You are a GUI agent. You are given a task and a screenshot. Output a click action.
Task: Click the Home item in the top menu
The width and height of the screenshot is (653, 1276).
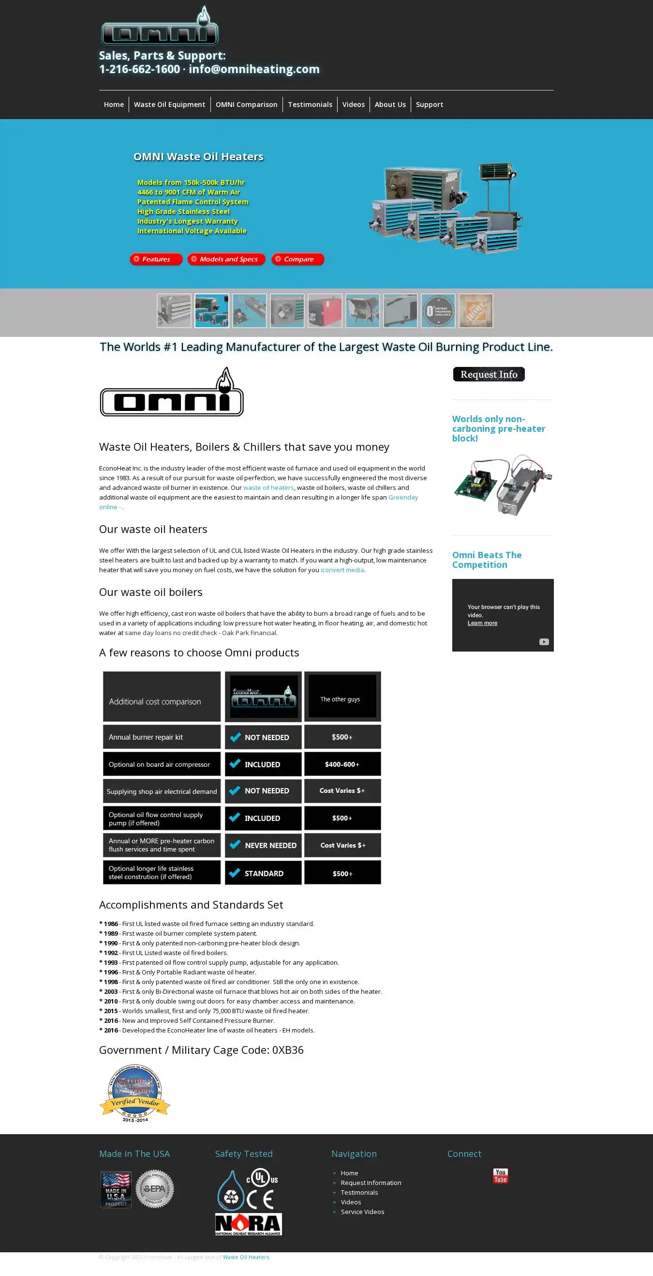click(x=113, y=105)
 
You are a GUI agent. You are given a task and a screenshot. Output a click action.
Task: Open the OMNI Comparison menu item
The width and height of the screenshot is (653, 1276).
click(x=246, y=105)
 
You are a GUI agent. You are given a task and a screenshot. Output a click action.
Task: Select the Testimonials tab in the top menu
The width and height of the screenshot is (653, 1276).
click(x=310, y=105)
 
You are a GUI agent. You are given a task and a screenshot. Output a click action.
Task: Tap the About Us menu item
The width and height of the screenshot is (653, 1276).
click(x=389, y=105)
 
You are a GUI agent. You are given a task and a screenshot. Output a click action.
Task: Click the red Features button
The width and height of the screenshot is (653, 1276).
click(x=156, y=259)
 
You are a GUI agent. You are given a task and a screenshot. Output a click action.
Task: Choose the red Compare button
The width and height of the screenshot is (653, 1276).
click(x=298, y=259)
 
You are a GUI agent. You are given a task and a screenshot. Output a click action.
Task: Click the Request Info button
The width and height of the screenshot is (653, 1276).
click(x=489, y=375)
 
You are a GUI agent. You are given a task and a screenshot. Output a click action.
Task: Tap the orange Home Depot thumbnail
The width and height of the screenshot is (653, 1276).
click(x=475, y=311)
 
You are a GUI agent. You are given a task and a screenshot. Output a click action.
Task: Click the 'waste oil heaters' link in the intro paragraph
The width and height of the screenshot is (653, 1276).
click(x=268, y=487)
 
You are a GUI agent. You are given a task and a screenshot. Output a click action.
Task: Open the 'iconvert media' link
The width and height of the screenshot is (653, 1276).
click(x=342, y=570)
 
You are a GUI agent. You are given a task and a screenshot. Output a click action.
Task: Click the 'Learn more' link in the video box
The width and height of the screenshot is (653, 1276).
click(x=482, y=623)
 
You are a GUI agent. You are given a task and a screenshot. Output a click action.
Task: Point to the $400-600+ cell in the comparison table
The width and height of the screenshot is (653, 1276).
click(x=342, y=764)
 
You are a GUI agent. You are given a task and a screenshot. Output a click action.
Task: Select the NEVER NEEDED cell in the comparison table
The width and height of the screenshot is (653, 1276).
click(x=263, y=845)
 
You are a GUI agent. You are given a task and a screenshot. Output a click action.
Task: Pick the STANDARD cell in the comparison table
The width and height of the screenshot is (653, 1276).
click(x=263, y=873)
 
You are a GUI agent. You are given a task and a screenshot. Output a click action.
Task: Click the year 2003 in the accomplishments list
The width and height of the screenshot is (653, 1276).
click(x=111, y=991)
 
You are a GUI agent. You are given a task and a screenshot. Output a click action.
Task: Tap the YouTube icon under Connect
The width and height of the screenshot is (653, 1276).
click(x=500, y=1175)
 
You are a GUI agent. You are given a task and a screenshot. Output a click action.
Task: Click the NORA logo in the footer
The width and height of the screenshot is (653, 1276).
click(x=249, y=1224)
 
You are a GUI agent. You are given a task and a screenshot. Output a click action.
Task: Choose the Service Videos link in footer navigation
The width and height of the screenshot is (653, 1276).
click(x=362, y=1212)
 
